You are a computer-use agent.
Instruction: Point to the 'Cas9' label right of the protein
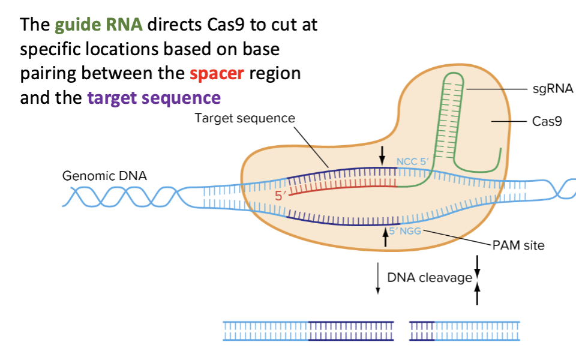547,121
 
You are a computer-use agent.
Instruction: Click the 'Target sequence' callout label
244,118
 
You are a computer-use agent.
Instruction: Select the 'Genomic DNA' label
104,176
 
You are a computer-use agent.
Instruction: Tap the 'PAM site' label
518,245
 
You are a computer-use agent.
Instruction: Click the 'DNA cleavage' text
430,278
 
